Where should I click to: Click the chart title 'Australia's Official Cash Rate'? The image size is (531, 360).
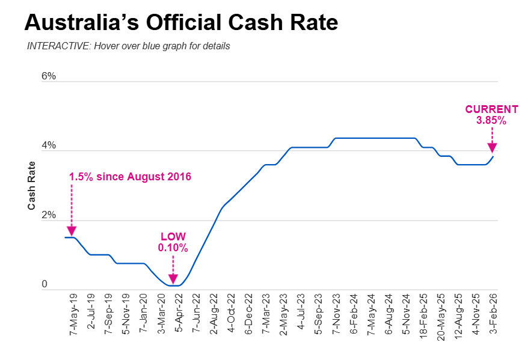[181, 23]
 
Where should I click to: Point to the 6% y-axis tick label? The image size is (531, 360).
[49, 76]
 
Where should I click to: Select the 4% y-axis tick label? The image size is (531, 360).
[49, 145]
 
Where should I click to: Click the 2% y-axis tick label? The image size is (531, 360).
[49, 215]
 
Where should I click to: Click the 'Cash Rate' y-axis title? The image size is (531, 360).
[31, 186]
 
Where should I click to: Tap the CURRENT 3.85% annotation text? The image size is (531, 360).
[491, 115]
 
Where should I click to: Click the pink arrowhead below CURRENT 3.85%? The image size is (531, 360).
[492, 148]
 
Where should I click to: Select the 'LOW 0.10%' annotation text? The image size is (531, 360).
[173, 242]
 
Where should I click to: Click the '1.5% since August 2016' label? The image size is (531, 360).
[130, 177]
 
